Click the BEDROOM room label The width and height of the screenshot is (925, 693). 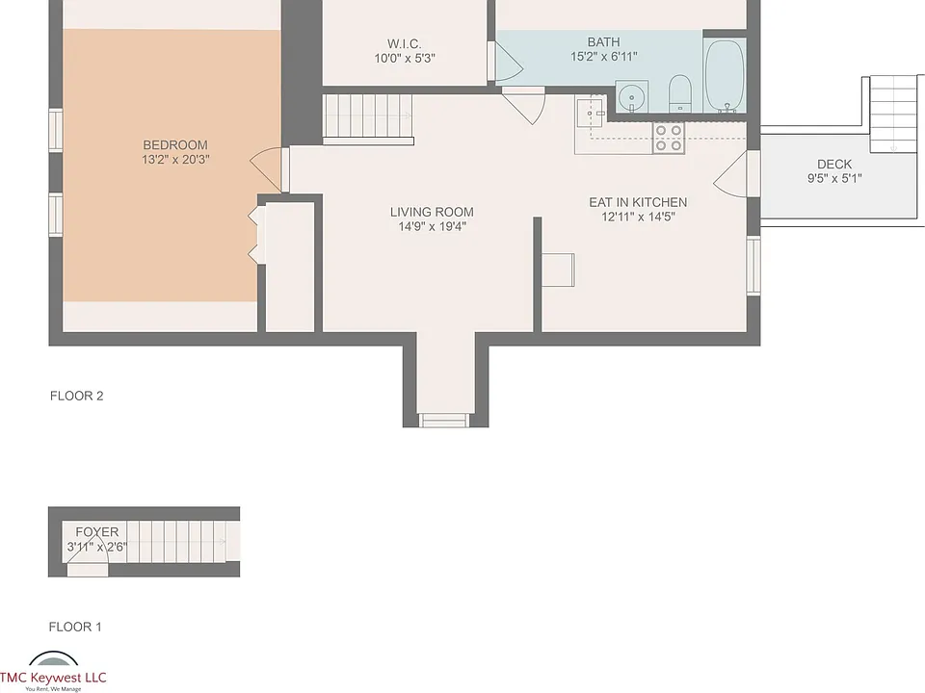pyautogui.click(x=175, y=145)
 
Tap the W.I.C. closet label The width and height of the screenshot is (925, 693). pyautogui.click(x=404, y=43)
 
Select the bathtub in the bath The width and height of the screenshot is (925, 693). pyautogui.click(x=725, y=75)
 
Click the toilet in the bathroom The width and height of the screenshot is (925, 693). pyautogui.click(x=680, y=93)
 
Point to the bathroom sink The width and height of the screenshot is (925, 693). pyautogui.click(x=632, y=96)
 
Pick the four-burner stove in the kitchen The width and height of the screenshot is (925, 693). pyautogui.click(x=669, y=138)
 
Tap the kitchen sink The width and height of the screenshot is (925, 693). pyautogui.click(x=591, y=113)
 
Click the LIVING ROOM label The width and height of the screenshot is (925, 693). pyautogui.click(x=432, y=212)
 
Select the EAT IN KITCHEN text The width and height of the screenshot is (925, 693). pyautogui.click(x=638, y=202)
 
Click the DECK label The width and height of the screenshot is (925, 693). pyautogui.click(x=834, y=165)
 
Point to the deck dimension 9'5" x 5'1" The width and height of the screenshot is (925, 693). pyautogui.click(x=834, y=179)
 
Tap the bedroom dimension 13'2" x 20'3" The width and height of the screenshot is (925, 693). pyautogui.click(x=175, y=159)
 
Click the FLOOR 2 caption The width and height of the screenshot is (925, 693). pyautogui.click(x=77, y=396)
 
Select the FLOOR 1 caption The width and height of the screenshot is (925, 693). pyautogui.click(x=75, y=627)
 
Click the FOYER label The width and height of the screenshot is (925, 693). pyautogui.click(x=96, y=532)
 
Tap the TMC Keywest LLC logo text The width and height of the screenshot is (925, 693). pyautogui.click(x=53, y=678)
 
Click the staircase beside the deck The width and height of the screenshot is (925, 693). pyautogui.click(x=894, y=115)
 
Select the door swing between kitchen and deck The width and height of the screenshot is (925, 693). pyautogui.click(x=730, y=174)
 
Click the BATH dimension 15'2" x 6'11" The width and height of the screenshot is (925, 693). pyautogui.click(x=603, y=57)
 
